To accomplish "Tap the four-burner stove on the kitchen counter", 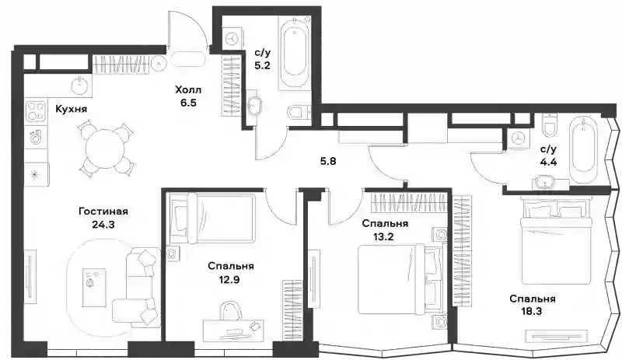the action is pyautogui.click(x=36, y=110).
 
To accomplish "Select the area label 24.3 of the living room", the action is pyautogui.click(x=103, y=225).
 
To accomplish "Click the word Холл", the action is pyautogui.click(x=188, y=90).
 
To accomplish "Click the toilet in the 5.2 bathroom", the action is pyautogui.click(x=299, y=113).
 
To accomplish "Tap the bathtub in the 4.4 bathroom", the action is pyautogui.click(x=582, y=152).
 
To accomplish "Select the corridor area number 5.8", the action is pyautogui.click(x=328, y=161).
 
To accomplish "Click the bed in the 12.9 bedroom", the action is pyautogui.click(x=212, y=218).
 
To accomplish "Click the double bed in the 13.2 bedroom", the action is pyautogui.click(x=400, y=279).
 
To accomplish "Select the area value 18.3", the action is pyautogui.click(x=533, y=311).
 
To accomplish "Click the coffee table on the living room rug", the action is pyautogui.click(x=94, y=288).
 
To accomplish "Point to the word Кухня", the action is pyautogui.click(x=71, y=109).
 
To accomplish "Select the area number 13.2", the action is pyautogui.click(x=383, y=237).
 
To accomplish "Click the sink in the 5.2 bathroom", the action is pyautogui.click(x=254, y=107).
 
